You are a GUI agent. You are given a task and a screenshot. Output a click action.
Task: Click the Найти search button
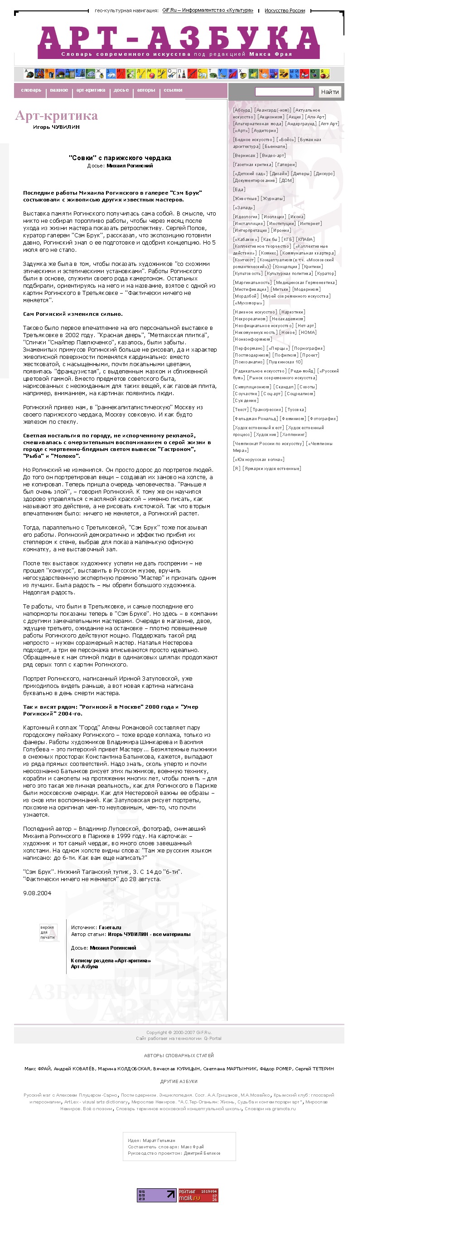(329, 92)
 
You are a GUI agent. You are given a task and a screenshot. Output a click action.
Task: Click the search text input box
(284, 92)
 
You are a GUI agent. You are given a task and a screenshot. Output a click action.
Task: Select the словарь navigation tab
(31, 90)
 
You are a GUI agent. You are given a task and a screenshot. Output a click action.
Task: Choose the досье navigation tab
(121, 90)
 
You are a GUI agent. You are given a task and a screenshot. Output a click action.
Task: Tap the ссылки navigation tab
(173, 90)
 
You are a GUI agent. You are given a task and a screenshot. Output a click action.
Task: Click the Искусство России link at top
(285, 10)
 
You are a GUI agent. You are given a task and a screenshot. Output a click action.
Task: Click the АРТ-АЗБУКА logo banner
(179, 42)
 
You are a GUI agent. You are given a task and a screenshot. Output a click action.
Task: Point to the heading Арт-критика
(56, 116)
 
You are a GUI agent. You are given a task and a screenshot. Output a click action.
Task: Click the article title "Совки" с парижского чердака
(120, 158)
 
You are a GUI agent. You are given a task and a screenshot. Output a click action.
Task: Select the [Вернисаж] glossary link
(245, 156)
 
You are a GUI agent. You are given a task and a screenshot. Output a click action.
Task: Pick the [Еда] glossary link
(239, 190)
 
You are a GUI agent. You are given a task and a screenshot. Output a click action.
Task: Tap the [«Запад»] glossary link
(244, 208)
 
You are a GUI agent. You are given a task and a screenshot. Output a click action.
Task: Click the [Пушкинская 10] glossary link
(285, 362)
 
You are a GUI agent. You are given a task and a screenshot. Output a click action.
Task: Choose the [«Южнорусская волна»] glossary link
(259, 460)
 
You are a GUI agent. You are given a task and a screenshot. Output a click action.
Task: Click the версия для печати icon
(48, 932)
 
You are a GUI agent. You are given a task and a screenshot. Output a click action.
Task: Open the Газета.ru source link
(110, 927)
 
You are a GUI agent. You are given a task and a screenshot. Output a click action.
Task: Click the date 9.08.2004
(37, 893)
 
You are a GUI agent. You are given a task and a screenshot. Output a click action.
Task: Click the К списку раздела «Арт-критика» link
(111, 961)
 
